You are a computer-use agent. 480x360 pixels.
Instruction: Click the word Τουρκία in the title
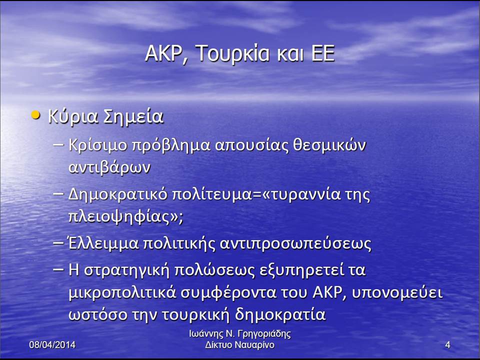(x=232, y=53)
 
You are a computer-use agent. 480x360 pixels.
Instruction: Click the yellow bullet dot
(x=36, y=115)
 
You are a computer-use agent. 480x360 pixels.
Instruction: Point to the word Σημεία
(x=133, y=116)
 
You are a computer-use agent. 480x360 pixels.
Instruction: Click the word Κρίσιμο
(x=98, y=144)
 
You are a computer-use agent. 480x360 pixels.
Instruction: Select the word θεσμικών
(x=329, y=144)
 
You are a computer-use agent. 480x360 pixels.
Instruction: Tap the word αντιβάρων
(x=109, y=167)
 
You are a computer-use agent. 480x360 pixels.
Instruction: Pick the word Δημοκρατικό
(x=117, y=194)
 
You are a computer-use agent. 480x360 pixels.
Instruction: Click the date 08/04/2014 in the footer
(x=52, y=344)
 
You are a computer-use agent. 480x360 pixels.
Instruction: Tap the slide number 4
(x=447, y=345)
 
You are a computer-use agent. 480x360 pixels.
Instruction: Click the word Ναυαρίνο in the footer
(x=256, y=345)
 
